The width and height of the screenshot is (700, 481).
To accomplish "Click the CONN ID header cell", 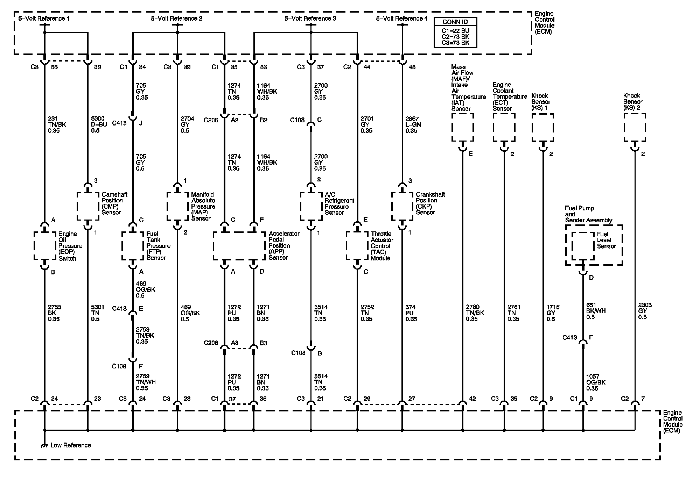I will [x=455, y=22].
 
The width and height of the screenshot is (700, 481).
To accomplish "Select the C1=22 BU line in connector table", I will [x=455, y=31].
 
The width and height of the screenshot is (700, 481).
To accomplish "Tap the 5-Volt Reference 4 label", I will [x=402, y=19].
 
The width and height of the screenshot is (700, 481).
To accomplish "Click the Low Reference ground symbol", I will [x=44, y=445].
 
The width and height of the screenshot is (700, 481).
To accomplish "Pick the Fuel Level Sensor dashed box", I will [x=583, y=246].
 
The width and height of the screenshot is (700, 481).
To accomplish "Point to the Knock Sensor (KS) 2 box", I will [x=635, y=128].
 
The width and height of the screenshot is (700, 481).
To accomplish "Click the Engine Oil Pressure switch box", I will [x=45, y=246].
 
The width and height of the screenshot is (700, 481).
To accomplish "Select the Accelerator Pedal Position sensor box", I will [x=239, y=246].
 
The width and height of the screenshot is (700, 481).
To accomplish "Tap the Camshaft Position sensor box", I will [x=87, y=207].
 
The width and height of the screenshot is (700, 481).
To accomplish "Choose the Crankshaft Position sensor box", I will [x=402, y=207].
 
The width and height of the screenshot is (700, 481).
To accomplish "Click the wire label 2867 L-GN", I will [x=413, y=125].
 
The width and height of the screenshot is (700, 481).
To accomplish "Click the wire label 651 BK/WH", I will [x=596, y=311].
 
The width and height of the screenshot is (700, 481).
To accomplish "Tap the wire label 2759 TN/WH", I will [x=146, y=382].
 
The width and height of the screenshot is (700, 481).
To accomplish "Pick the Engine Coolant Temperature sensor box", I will [x=504, y=128].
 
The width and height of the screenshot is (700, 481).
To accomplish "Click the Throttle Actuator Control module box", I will [x=357, y=246].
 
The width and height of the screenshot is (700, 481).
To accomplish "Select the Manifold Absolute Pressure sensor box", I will [x=177, y=207].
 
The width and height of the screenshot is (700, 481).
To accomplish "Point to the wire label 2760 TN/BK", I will [x=475, y=313].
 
